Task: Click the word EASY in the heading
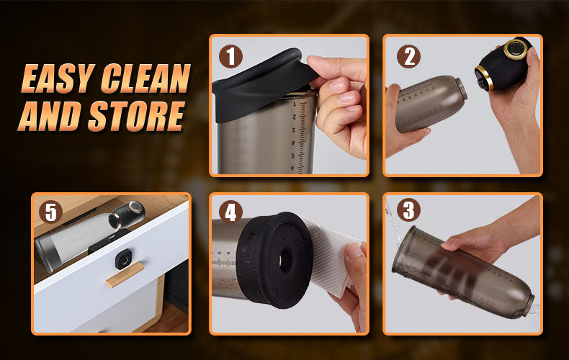coord(58,78)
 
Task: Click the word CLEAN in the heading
coord(145,78)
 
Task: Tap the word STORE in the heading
coord(136,116)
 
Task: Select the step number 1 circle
coord(230,57)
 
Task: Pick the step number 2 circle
coord(408,57)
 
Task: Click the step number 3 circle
coord(408,210)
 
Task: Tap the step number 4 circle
coord(230,212)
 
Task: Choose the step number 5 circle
coord(51,212)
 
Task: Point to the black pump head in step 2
coord(503,65)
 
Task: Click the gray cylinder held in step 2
coord(430,103)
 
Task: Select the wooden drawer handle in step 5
coord(125,275)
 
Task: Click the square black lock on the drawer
coord(124,259)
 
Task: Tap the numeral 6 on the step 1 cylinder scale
coord(293,168)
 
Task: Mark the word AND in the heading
coord(50,116)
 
